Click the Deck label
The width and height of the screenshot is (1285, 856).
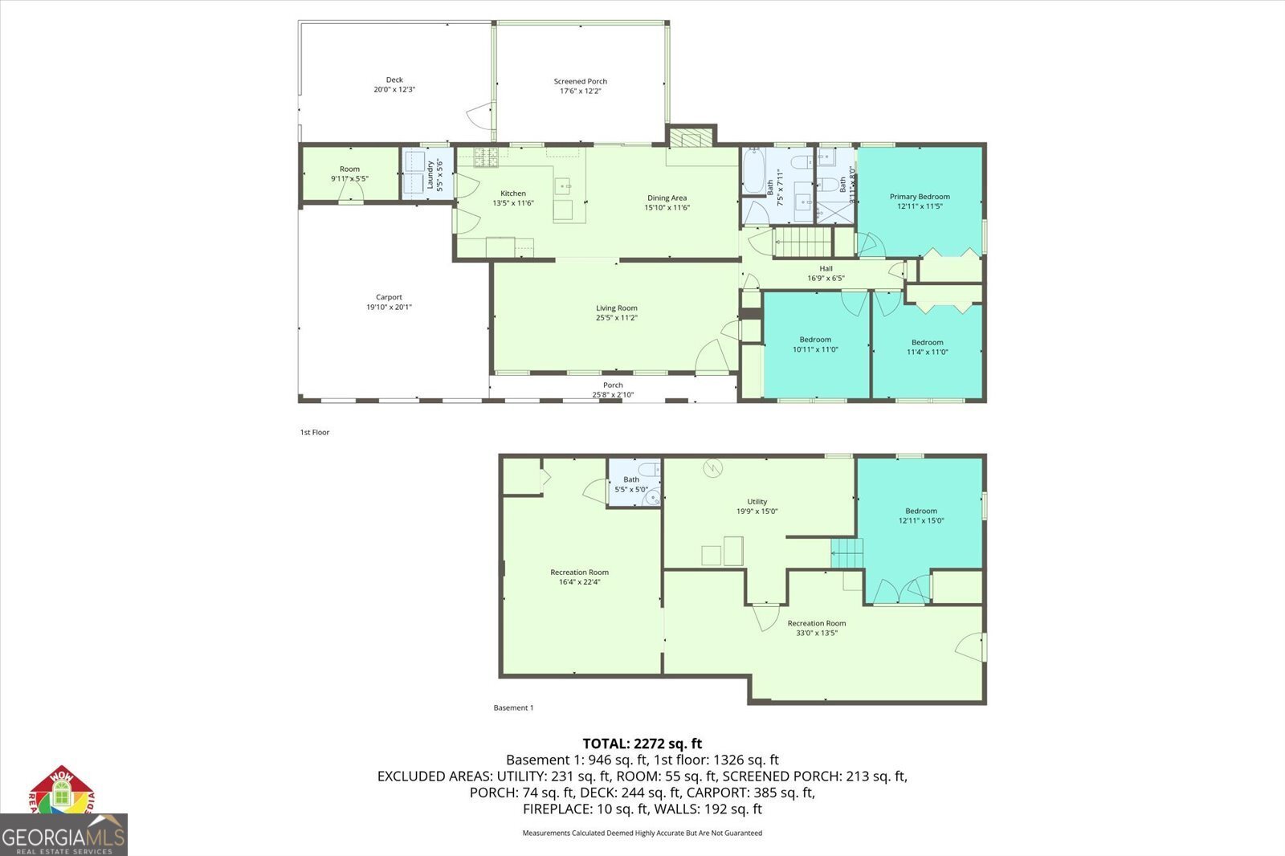pyautogui.click(x=394, y=79)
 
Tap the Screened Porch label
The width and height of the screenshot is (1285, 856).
pyautogui.click(x=580, y=81)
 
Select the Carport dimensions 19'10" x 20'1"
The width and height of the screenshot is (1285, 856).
pyautogui.click(x=389, y=307)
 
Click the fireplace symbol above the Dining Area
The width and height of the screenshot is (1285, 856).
pyautogui.click(x=691, y=138)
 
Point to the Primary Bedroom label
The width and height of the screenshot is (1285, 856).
pyautogui.click(x=920, y=197)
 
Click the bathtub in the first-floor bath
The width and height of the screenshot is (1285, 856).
pyautogui.click(x=753, y=170)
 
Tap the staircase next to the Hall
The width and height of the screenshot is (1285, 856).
pyautogui.click(x=802, y=242)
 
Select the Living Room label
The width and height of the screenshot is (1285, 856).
pyautogui.click(x=616, y=308)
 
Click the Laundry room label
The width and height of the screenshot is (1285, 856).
pyautogui.click(x=430, y=174)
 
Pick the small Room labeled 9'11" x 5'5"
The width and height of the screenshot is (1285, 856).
pyautogui.click(x=349, y=173)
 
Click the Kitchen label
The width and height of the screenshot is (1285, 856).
pyautogui.click(x=513, y=194)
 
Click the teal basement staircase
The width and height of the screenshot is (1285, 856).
pyautogui.click(x=847, y=554)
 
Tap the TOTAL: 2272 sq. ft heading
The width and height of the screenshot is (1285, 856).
pyautogui.click(x=642, y=744)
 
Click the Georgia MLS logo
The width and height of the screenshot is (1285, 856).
pyautogui.click(x=63, y=835)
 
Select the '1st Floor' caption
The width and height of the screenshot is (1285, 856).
pyautogui.click(x=315, y=432)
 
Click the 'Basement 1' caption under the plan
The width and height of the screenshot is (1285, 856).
pyautogui.click(x=513, y=707)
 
